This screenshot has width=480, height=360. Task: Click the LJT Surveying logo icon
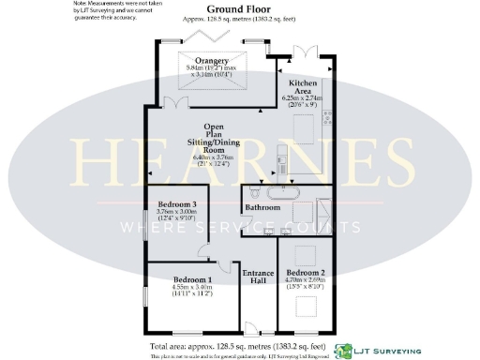point(344,348)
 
